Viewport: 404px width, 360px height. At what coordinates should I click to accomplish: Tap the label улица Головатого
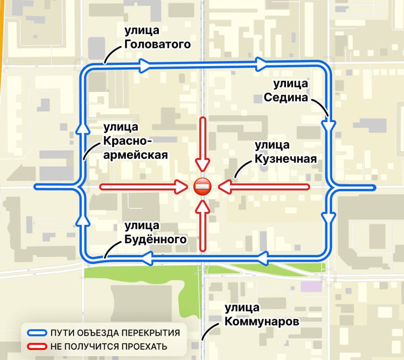pyautogui.click(x=158, y=37)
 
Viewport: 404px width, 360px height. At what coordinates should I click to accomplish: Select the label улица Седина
pyautogui.click(x=286, y=91)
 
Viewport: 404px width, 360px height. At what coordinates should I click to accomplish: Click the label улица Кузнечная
pyautogui.click(x=286, y=152)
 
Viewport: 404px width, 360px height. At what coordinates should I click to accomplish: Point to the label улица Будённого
pyautogui.click(x=156, y=233)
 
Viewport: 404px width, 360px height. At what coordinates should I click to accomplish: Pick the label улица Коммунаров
pyautogui.click(x=262, y=315)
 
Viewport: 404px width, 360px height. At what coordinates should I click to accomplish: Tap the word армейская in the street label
pyautogui.click(x=136, y=155)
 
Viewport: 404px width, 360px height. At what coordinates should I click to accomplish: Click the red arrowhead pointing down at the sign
pyautogui.click(x=202, y=165)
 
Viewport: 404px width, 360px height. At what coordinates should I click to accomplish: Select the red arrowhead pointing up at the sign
pyautogui.click(x=202, y=207)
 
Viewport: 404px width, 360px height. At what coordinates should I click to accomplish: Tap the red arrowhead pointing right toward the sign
pyautogui.click(x=182, y=187)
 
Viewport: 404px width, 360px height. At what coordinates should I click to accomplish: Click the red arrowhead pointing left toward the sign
pyautogui.click(x=224, y=187)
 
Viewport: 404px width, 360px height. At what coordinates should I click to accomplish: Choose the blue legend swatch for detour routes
pyautogui.click(x=37, y=333)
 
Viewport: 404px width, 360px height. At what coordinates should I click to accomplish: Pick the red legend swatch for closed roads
pyautogui.click(x=37, y=347)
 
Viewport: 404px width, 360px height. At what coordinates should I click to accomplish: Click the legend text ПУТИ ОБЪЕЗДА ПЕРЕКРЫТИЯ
pyautogui.click(x=115, y=333)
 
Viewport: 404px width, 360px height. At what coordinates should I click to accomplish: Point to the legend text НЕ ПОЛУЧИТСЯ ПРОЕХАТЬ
pyautogui.click(x=109, y=347)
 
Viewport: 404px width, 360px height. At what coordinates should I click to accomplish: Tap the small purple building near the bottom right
pyautogui.click(x=311, y=286)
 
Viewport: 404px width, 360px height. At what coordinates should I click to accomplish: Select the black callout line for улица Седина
pyautogui.click(x=320, y=107)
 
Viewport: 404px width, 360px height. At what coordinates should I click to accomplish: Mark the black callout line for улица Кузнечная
pyautogui.click(x=242, y=169)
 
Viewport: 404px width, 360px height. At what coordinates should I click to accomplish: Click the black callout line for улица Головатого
pyautogui.click(x=112, y=55)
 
